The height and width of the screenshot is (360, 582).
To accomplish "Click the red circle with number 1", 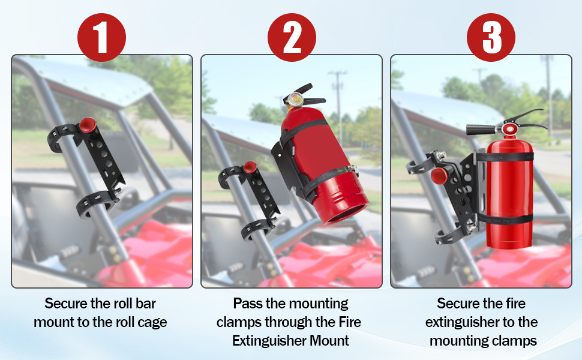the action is pos(102,37).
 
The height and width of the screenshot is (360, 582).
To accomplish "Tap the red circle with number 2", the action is pos(292,37).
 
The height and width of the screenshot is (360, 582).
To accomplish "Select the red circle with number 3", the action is pos(491,37).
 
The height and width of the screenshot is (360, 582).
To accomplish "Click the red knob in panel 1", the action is pos(88,125).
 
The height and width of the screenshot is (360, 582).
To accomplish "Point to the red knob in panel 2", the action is pos(250,167).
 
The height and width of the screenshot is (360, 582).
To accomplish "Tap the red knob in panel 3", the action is pos(439,175).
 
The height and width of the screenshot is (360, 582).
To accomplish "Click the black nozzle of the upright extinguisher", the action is pos(480,130).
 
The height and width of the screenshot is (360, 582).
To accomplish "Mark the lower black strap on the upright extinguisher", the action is pos(506,219).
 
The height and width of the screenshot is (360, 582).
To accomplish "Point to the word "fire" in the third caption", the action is pos(515,304).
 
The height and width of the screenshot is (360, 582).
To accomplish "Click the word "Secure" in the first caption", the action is pos(66,304).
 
